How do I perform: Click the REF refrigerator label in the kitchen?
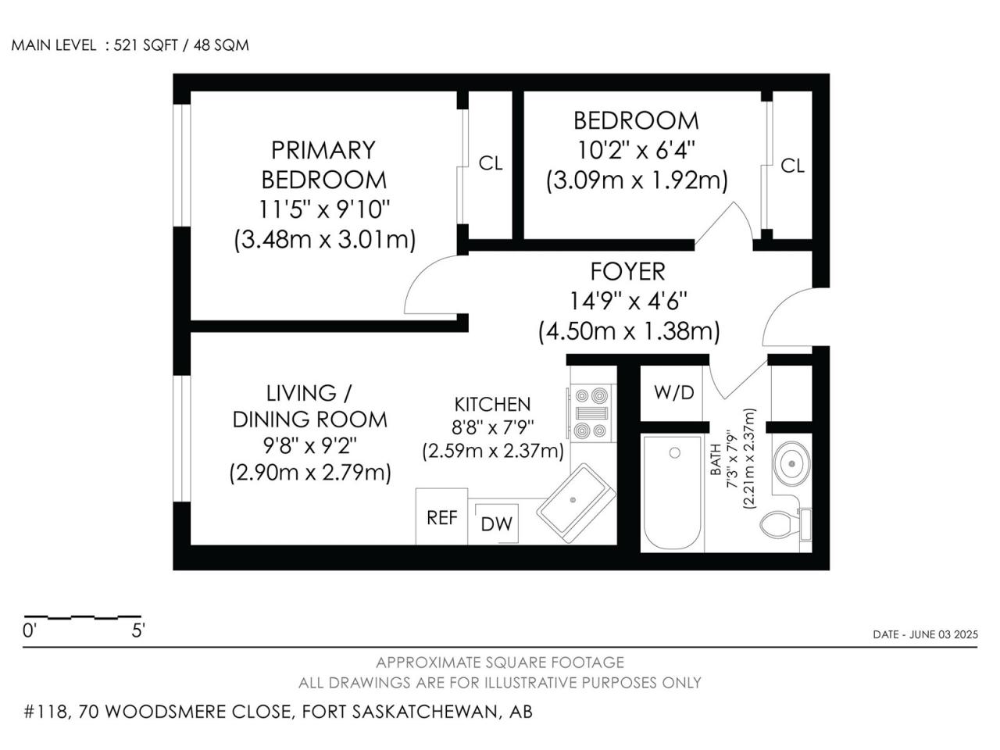[441, 518]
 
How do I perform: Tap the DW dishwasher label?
[497, 524]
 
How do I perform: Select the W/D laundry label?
[673, 392]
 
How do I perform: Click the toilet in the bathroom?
[785, 523]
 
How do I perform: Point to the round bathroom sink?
[792, 463]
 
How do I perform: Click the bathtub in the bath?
[672, 493]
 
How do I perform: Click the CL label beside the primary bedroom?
[490, 163]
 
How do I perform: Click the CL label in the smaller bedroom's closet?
[792, 166]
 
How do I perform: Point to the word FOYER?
[628, 271]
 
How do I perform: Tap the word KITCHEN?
[492, 405]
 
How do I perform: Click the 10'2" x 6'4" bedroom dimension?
[636, 150]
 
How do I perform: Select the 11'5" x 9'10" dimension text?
[324, 209]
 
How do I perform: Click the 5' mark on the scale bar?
[138, 630]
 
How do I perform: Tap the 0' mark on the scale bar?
[29, 630]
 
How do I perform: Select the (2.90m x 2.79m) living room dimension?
[310, 473]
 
